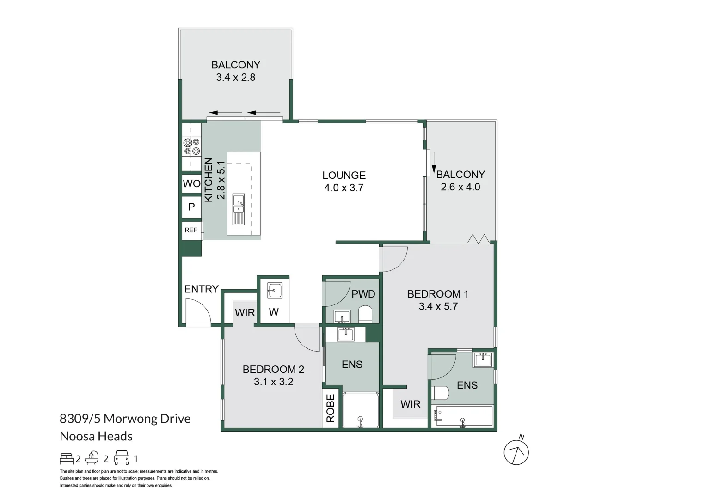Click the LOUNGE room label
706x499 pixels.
pos(344,176)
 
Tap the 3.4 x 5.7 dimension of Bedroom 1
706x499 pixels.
pos(438,307)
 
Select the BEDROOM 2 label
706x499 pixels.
pos(273,369)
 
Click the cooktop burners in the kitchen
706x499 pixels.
pos(191,146)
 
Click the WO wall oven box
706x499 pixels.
pos(191,183)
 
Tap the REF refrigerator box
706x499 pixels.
pos(191,230)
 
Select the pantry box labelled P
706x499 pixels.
pos(191,207)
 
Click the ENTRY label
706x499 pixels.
pos(201,289)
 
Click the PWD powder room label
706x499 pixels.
pos(363,294)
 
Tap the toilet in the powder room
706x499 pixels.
pos(366,314)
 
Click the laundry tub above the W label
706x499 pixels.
pos(274,291)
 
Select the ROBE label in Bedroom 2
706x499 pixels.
pos(330,408)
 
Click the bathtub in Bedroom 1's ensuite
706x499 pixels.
pos(463,416)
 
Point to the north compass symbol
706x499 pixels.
pos(516,451)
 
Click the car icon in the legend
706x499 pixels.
pos(122,458)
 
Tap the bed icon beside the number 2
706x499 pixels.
pos(67,458)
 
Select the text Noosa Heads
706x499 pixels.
pos(96,436)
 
